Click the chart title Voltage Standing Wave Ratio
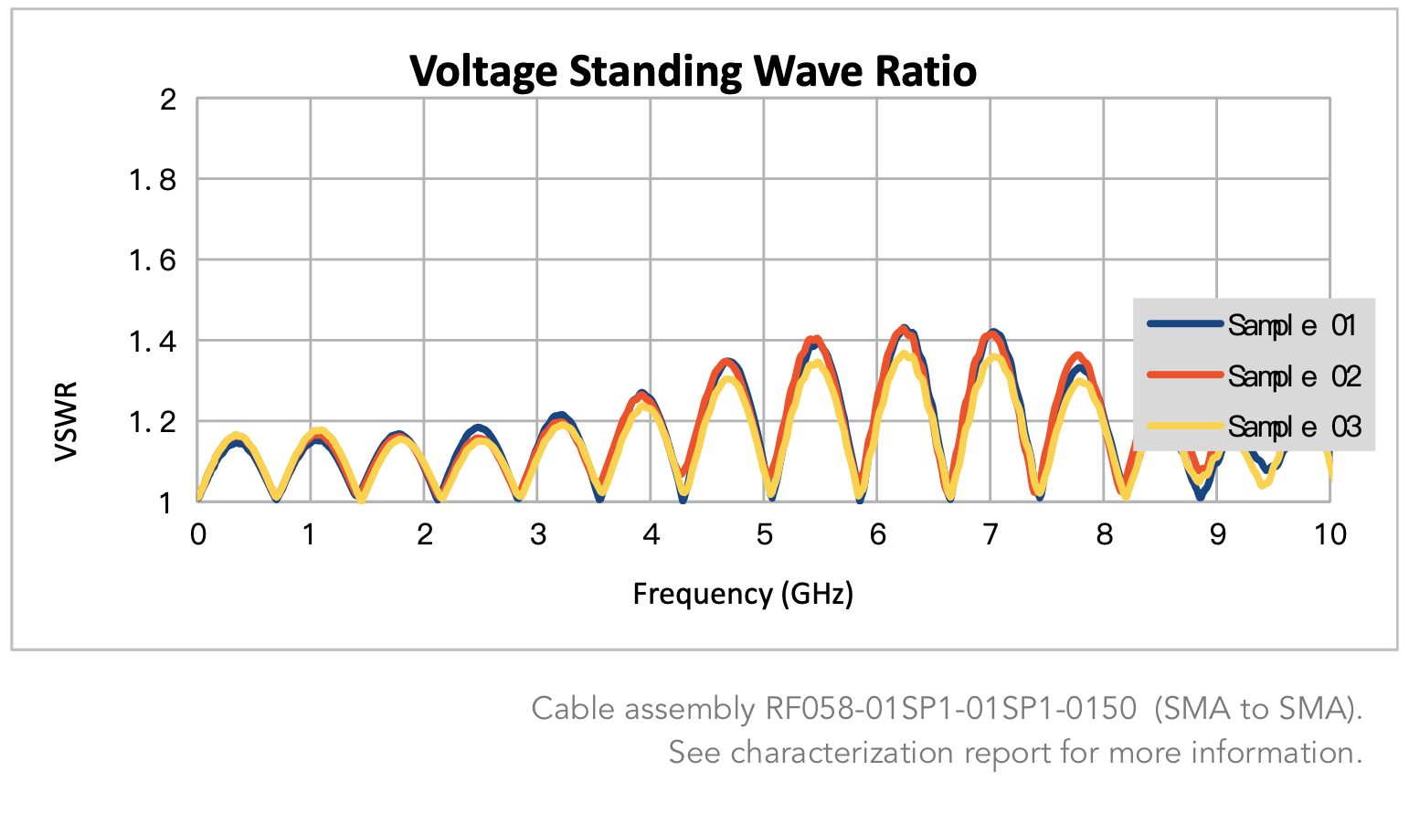[693, 71]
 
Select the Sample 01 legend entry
[1291, 325]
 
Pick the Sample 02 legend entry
[1293, 375]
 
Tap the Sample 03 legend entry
[1293, 427]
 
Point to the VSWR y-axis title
[66, 421]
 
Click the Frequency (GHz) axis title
[743, 594]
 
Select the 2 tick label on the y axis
[168, 100]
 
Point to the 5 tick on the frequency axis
[764, 534]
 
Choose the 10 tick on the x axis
[1330, 534]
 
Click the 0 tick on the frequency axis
[198, 534]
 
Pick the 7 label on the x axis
[991, 534]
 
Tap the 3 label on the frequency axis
[537, 534]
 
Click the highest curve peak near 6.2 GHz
[905, 328]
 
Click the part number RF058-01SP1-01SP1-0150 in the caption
[950, 709]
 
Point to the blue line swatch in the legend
[1185, 323]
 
